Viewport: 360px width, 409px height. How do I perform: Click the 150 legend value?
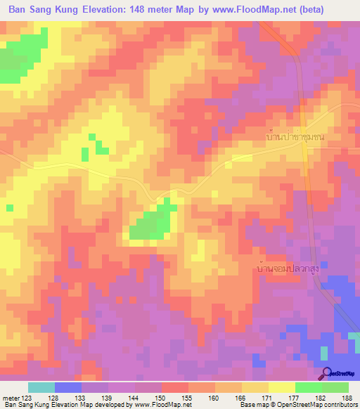pyautogui.click(x=161, y=397)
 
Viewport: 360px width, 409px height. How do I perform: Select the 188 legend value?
pyautogui.click(x=349, y=397)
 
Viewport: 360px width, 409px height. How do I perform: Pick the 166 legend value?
pyautogui.click(x=242, y=397)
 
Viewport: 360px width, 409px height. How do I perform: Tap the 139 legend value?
pyautogui.click(x=108, y=397)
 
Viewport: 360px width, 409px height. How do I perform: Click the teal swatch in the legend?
pyautogui.click(x=41, y=387)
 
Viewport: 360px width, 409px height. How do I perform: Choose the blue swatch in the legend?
pyautogui.click(x=68, y=387)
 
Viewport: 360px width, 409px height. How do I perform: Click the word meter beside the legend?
pyautogui.click(x=10, y=397)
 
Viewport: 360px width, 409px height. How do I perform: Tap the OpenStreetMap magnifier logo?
pyautogui.click(x=326, y=374)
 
